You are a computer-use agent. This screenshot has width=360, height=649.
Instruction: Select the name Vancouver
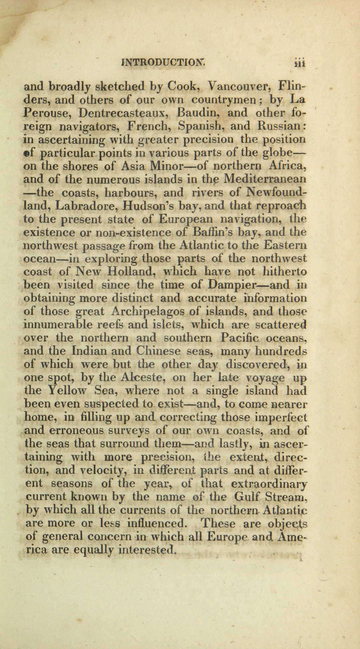point(239,86)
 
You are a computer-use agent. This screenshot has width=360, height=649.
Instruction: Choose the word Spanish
point(199,126)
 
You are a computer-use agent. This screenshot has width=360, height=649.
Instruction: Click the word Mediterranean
point(265,179)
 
